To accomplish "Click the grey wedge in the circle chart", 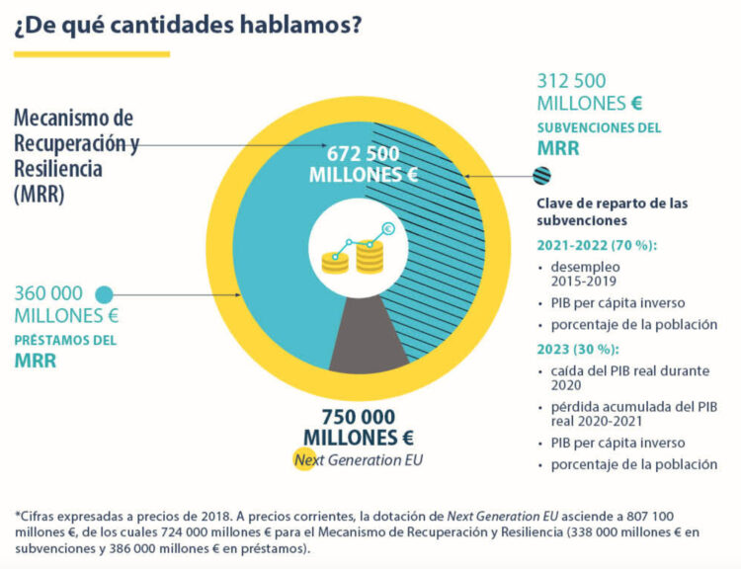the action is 368,338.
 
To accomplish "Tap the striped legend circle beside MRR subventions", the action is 541,176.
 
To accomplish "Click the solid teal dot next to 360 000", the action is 104,295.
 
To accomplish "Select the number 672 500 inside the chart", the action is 363,154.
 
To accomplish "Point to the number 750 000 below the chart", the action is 359,417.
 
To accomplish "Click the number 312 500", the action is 571,81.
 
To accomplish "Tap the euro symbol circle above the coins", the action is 388,229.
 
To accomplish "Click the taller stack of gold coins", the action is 370,257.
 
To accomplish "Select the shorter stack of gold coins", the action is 335,263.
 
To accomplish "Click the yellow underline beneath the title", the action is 92,54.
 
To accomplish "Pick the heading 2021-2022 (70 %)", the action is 597,245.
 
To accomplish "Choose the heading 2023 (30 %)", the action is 578,350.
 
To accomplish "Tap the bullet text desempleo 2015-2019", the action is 586,274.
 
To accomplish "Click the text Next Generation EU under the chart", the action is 359,459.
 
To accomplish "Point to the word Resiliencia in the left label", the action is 58,169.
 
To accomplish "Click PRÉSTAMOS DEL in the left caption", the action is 65,340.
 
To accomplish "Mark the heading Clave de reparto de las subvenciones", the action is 612,211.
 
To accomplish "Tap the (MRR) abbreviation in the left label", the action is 39,195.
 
